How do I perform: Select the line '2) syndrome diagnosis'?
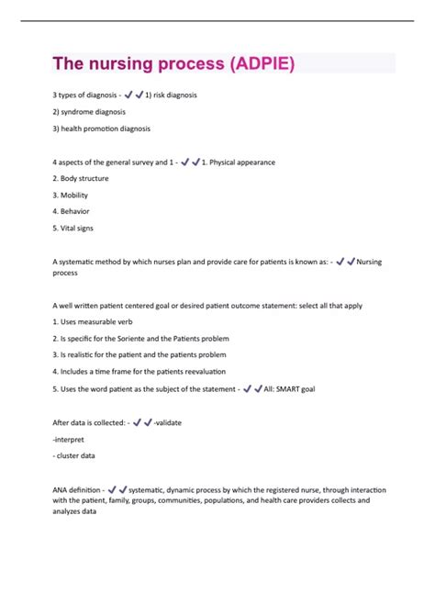(90, 111)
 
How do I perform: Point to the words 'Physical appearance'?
(240, 162)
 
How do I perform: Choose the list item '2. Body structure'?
(83, 178)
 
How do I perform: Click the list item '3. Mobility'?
(72, 195)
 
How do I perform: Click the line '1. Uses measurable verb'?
(94, 321)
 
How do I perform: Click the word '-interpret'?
(71, 439)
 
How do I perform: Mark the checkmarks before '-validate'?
(141, 422)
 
